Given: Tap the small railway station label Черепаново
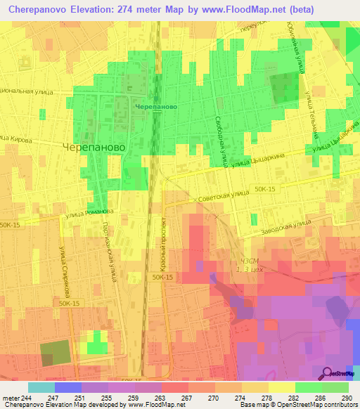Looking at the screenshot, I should (x=154, y=107).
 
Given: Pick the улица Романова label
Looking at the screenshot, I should (x=89, y=212).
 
